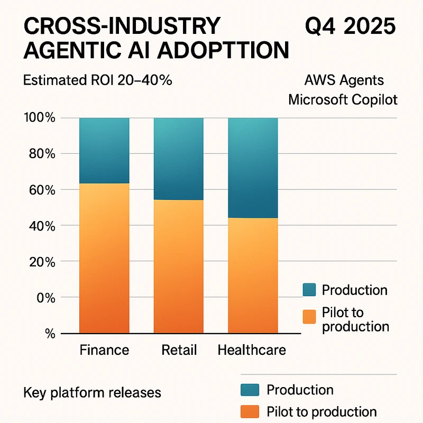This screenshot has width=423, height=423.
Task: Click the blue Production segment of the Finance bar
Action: tap(104, 151)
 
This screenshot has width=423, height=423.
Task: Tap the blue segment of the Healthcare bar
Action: tap(253, 168)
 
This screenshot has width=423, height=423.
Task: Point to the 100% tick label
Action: tap(40, 118)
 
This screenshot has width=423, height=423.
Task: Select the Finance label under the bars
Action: tap(104, 350)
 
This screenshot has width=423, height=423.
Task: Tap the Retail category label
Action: tap(179, 350)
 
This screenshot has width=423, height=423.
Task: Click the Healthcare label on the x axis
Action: tap(252, 350)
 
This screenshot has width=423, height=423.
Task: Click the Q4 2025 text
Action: tap(351, 26)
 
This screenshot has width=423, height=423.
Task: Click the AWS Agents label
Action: tap(344, 81)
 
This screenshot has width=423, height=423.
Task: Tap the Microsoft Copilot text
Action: tap(343, 100)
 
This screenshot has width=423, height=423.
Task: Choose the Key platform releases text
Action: tap(92, 393)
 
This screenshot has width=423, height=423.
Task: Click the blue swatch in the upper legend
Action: tap(309, 290)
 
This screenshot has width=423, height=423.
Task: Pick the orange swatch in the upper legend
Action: tap(309, 316)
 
